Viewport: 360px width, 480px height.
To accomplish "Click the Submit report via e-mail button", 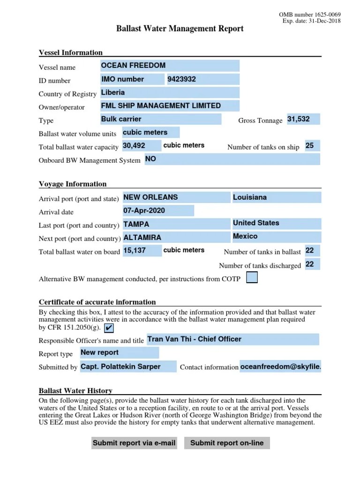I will (x=134, y=443).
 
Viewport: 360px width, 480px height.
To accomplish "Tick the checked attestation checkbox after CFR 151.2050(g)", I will (x=109, y=327).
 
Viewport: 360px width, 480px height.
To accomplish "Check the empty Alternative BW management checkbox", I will (x=252, y=278).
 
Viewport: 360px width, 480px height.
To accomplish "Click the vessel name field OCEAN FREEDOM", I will (x=170, y=66).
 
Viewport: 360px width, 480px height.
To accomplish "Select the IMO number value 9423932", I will (x=202, y=80).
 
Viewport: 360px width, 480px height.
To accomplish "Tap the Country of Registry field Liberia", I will (x=170, y=93).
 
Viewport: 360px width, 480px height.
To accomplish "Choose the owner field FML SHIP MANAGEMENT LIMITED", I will (x=170, y=106).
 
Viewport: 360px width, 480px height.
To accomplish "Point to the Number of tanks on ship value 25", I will (x=312, y=146).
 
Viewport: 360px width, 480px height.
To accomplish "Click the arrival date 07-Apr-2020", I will (x=158, y=211).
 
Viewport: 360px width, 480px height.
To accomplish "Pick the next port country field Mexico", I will (x=277, y=237).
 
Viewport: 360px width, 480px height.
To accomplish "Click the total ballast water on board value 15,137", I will (x=142, y=251).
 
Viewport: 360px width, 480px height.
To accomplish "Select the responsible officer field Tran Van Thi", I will (x=232, y=339).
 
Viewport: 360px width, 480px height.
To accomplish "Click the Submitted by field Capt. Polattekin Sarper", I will (x=128, y=367).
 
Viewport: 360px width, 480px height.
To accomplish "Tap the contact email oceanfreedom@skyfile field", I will (x=280, y=367).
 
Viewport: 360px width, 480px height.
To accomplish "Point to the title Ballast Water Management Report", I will (x=180, y=29).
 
